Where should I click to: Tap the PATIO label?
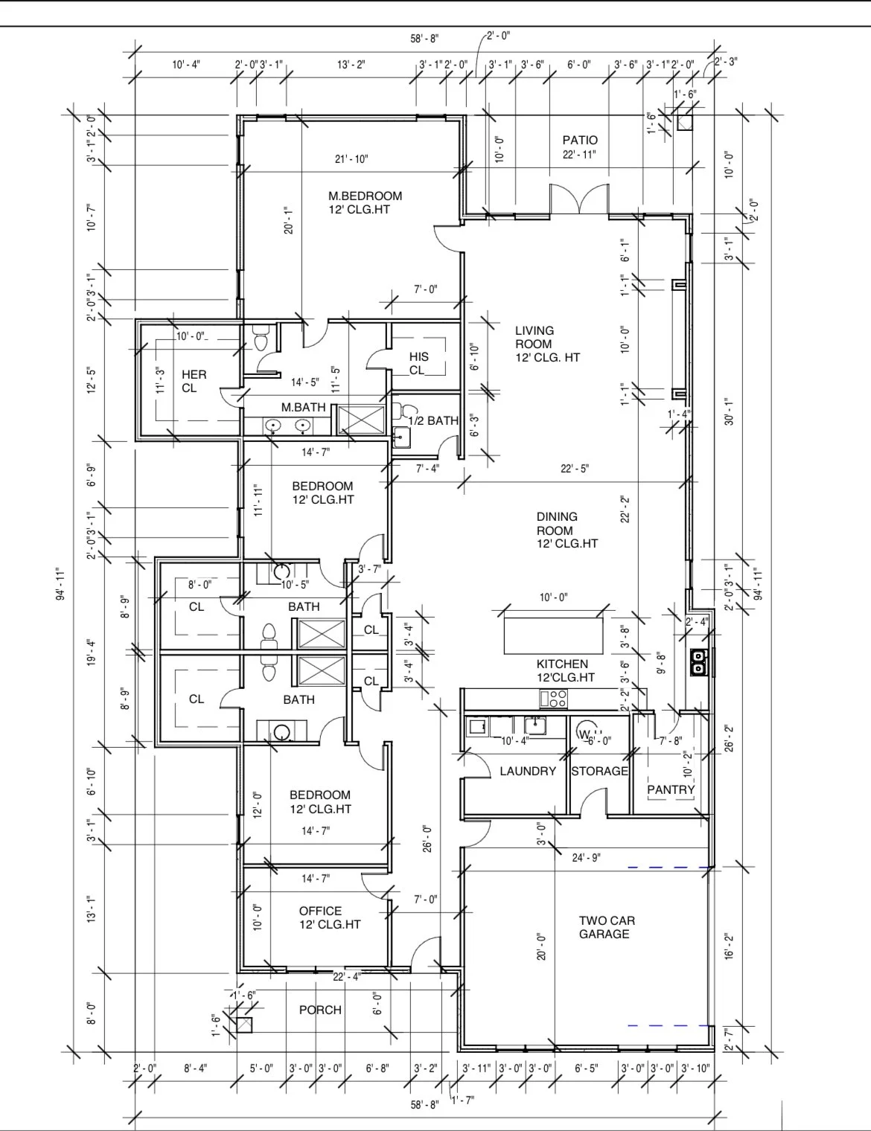coord(580,140)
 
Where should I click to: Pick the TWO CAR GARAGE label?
coord(607,927)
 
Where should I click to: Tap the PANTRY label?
coord(671,789)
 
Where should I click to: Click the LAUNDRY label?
coord(528,771)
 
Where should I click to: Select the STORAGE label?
coord(599,771)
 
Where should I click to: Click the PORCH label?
coord(320,1010)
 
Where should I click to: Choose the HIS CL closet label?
coord(418,363)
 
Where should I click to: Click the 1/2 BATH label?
coord(433,421)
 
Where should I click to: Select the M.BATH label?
coord(303,407)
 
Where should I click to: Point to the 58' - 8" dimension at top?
coord(425,39)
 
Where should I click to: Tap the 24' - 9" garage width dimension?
coord(587,857)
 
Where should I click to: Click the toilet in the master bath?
coord(260,340)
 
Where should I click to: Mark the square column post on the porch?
coord(243,1025)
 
